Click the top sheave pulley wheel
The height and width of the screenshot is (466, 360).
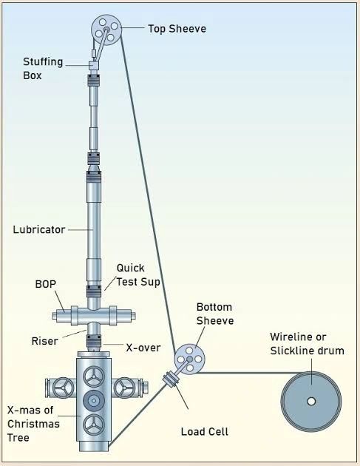pos(106,30)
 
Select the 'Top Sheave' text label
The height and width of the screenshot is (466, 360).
pos(177,29)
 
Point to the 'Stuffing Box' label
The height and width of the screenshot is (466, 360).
pos(41,67)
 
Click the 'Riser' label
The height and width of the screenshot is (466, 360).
pos(44,341)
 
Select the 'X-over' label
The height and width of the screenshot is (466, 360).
pos(142,347)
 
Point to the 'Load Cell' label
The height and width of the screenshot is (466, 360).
pos(203,431)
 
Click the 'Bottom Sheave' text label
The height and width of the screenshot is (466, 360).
pos(215,313)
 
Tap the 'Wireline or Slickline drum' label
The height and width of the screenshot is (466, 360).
pos(308,343)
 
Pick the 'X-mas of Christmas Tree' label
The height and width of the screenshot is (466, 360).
pos(34,417)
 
